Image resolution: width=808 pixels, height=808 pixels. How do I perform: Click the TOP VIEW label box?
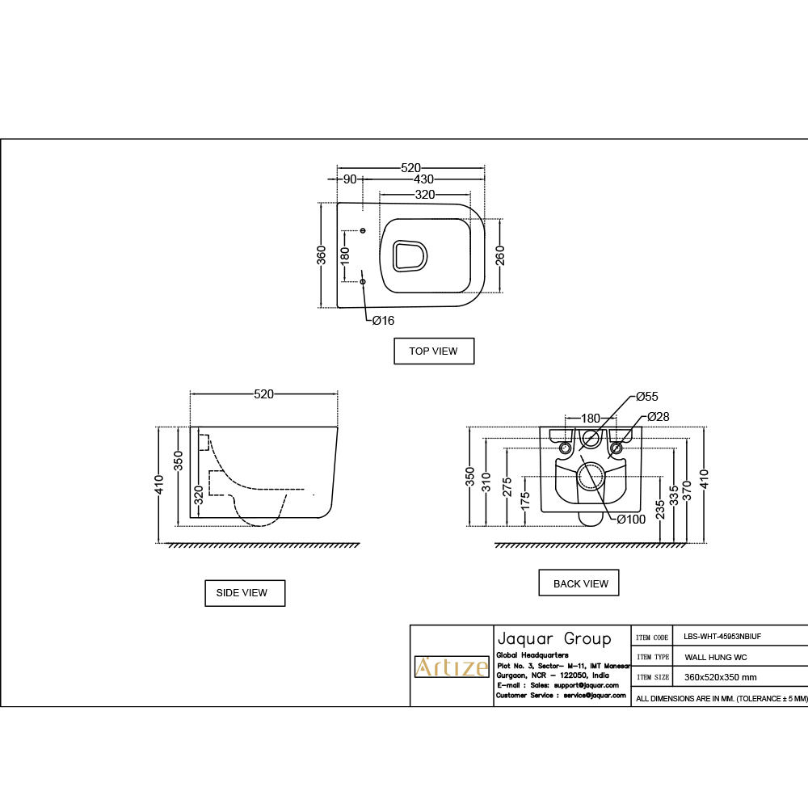433,351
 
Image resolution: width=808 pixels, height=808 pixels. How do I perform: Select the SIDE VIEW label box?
245,593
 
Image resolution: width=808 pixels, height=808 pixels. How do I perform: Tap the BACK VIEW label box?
579,583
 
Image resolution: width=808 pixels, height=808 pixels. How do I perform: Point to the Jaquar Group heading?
554,638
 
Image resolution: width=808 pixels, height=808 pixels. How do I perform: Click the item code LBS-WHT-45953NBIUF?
722,637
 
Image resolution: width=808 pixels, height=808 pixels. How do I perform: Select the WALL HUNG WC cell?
715,658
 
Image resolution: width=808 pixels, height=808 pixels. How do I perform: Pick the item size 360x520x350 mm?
721,678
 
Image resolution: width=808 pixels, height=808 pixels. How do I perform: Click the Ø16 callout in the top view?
383,321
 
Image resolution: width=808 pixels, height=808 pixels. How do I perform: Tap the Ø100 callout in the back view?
631,520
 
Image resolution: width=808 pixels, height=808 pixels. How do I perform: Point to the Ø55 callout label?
646,397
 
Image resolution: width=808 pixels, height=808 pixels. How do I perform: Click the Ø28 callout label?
658,417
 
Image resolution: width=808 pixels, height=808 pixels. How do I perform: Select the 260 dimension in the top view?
499,255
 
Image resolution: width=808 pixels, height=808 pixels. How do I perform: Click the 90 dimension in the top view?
350,179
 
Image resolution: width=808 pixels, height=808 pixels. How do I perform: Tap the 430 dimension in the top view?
423,179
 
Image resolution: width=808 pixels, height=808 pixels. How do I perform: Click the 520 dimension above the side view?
263,394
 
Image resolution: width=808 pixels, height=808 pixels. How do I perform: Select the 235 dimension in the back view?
660,509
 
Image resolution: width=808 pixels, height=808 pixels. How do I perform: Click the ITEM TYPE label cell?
651,658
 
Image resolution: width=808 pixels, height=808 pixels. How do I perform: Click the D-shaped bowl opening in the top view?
410,256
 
